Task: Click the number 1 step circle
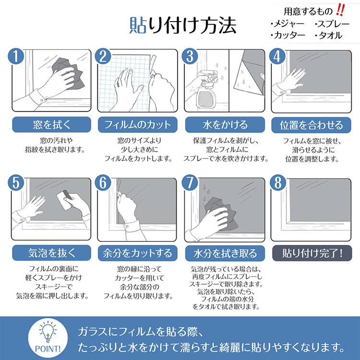[16, 56]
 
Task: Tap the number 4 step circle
[277, 56]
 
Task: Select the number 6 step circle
[103, 183]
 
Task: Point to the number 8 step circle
[278, 183]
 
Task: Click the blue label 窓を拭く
[51, 125]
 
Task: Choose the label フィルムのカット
[138, 125]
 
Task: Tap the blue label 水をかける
[225, 125]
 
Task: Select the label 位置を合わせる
[311, 125]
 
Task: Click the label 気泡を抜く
[51, 253]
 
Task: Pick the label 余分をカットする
[138, 253]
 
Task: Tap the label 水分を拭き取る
[225, 253]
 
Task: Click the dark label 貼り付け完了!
[312, 253]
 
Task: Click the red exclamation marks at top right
[340, 10]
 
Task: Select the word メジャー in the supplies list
[289, 24]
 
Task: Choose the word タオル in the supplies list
[330, 36]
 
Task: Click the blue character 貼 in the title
[138, 25]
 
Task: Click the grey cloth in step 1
[69, 73]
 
